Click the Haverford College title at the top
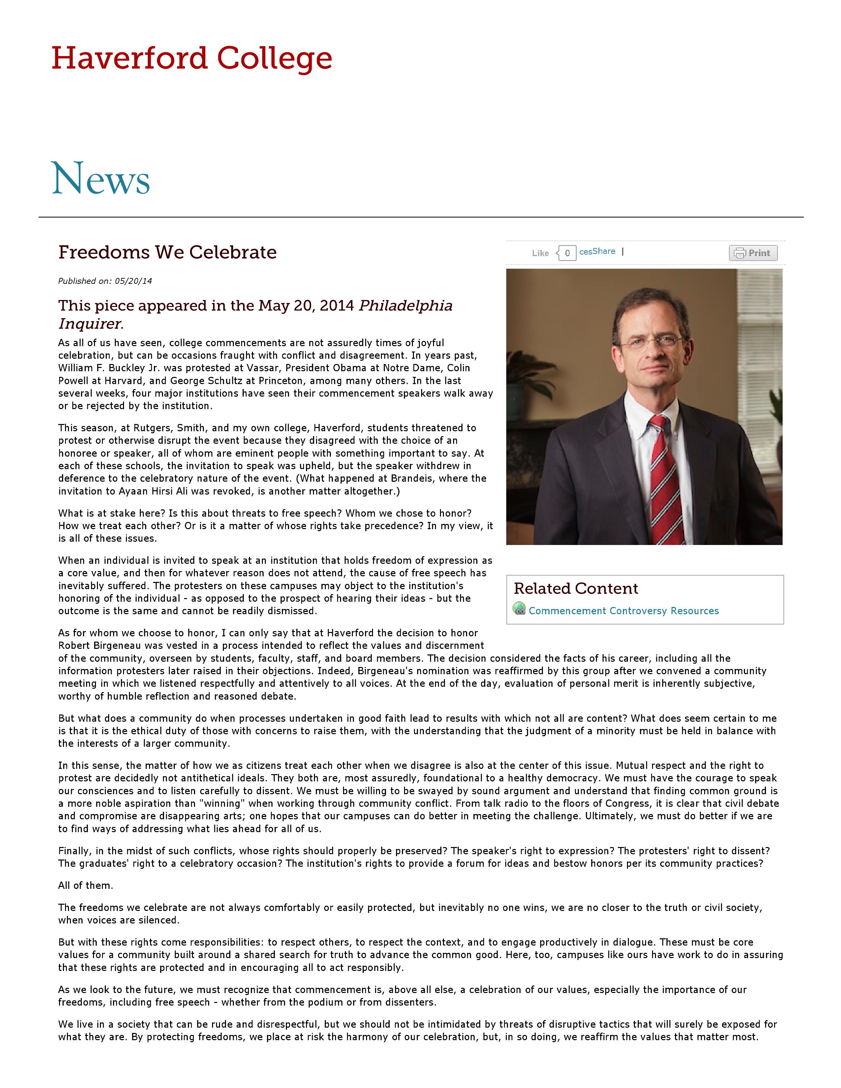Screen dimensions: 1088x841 (x=192, y=59)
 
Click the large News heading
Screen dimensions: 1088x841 (x=101, y=179)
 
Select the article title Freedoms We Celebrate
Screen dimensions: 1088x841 (x=168, y=252)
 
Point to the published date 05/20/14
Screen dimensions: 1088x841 (x=133, y=281)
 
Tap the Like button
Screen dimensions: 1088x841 (x=540, y=253)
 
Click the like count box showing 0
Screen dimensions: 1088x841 (x=567, y=253)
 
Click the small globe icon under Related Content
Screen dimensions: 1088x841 (x=519, y=608)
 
